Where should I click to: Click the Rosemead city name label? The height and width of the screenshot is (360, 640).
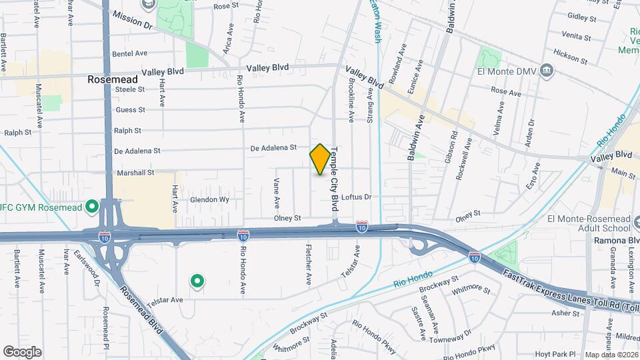tap(113, 79)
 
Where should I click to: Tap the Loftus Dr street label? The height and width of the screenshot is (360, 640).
tap(355, 197)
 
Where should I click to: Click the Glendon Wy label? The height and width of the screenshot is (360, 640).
tap(209, 199)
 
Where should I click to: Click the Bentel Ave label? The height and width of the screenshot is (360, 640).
tap(130, 53)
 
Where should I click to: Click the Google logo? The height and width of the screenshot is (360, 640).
tap(22, 351)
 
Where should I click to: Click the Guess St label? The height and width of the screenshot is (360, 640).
tap(130, 109)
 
